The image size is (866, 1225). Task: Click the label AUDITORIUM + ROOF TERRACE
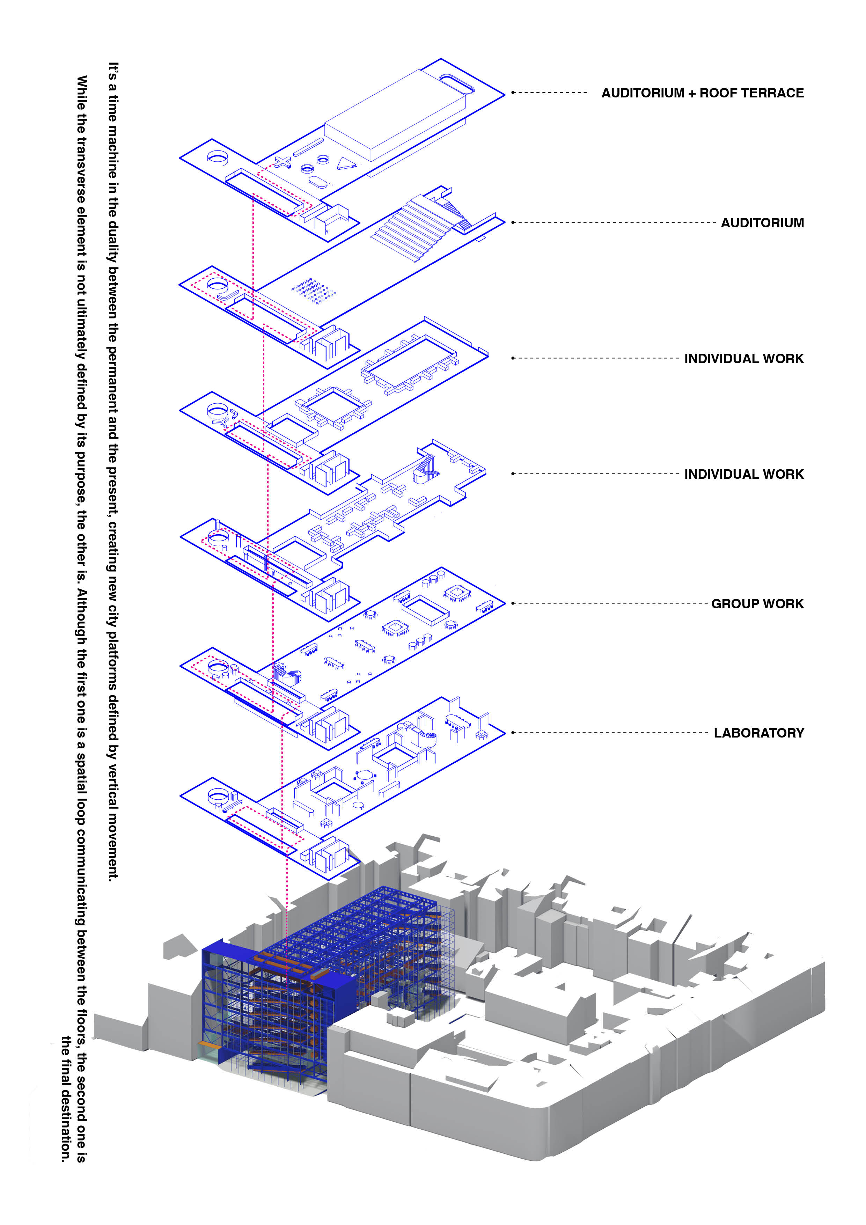click(x=702, y=93)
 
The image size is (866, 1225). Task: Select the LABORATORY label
click(x=759, y=733)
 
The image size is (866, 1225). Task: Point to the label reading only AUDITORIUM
click(x=762, y=222)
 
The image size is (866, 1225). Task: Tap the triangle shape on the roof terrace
click(x=346, y=163)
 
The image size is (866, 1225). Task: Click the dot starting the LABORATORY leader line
click(x=513, y=733)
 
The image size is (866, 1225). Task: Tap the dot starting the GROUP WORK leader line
click(x=513, y=603)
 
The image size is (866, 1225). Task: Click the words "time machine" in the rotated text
click(x=112, y=137)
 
